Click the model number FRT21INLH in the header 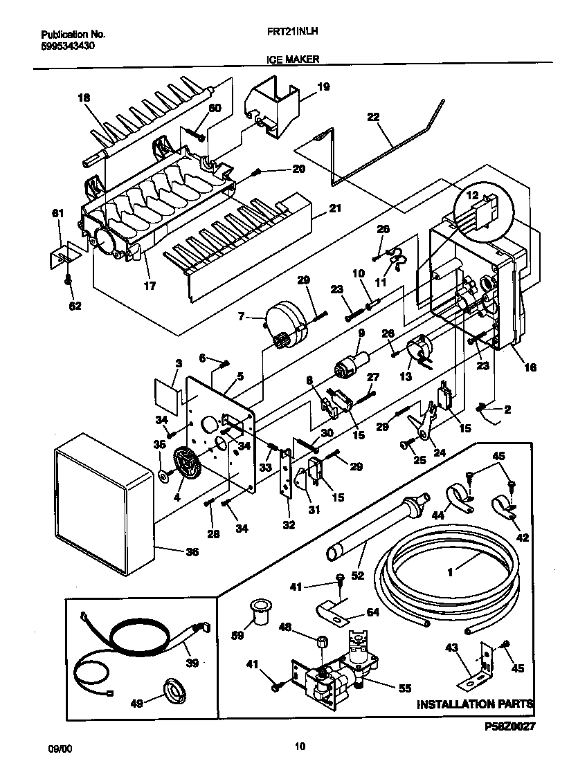pyautogui.click(x=291, y=32)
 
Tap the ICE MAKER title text pyautogui.click(x=293, y=60)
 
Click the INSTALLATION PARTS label pyautogui.click(x=475, y=704)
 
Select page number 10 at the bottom pyautogui.click(x=299, y=746)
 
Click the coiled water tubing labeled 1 pyautogui.click(x=446, y=574)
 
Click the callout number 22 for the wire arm pyautogui.click(x=373, y=117)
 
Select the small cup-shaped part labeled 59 pyautogui.click(x=260, y=613)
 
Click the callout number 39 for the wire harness pyautogui.click(x=192, y=662)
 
